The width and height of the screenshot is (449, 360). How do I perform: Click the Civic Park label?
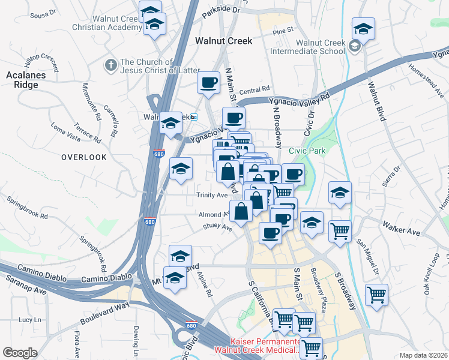(x=307, y=151)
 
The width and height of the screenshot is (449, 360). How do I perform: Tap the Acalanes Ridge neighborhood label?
(x=22, y=80)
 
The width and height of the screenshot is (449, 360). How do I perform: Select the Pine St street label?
(x=282, y=30)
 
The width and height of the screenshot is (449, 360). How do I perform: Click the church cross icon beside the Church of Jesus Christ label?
(x=110, y=64)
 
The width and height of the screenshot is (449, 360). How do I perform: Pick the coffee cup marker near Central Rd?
(x=208, y=82)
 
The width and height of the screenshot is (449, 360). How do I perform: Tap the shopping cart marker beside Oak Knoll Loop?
(x=376, y=295)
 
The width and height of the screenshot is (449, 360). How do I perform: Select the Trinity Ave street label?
(x=212, y=195)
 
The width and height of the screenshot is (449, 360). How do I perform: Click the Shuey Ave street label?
(x=218, y=227)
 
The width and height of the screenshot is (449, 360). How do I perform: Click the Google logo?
(x=20, y=352)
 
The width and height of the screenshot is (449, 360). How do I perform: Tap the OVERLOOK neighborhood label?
(x=83, y=157)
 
